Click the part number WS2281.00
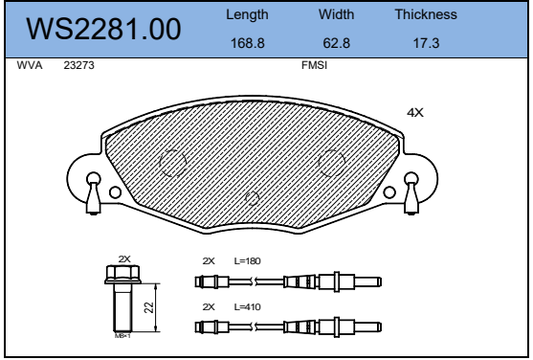coord(103,30)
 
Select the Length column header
coord(247,15)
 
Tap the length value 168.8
coord(248,43)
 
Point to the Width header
coord(336,14)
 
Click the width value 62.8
coord(336,43)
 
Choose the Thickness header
coord(426,14)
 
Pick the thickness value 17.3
coord(426,43)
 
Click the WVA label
coord(30,65)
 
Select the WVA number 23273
coord(78,65)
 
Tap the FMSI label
coord(315,65)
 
